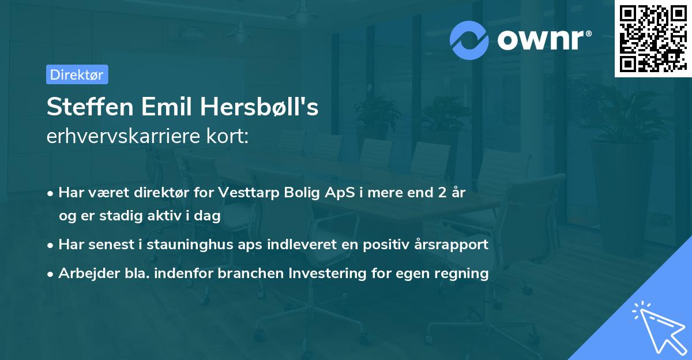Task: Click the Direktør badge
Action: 77,74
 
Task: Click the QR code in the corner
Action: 652,38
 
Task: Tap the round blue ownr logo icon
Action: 469,40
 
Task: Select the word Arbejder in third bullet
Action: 84,273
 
